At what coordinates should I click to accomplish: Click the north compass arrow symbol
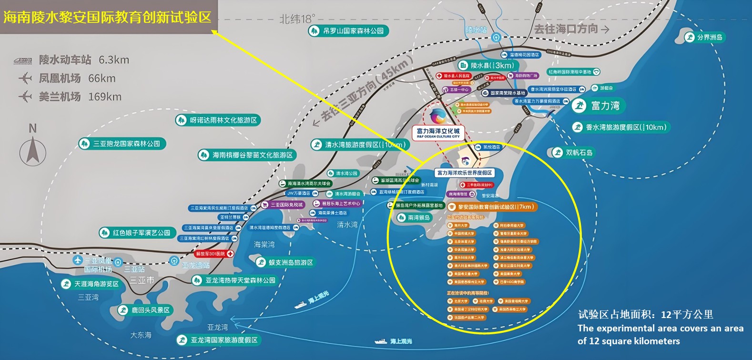pos(32,149)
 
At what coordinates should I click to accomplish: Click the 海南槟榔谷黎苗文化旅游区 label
pos(247,155)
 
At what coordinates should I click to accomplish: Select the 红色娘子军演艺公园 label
pos(136,233)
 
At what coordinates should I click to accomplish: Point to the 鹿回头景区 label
pos(145,310)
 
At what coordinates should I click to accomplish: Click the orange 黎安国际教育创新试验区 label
pos(491,207)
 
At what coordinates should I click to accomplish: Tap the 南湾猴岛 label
pos(414,217)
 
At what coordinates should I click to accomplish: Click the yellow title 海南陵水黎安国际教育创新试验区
pos(107,17)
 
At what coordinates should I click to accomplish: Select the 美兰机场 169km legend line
pos(70,97)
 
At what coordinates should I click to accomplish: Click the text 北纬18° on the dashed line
pos(297,19)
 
